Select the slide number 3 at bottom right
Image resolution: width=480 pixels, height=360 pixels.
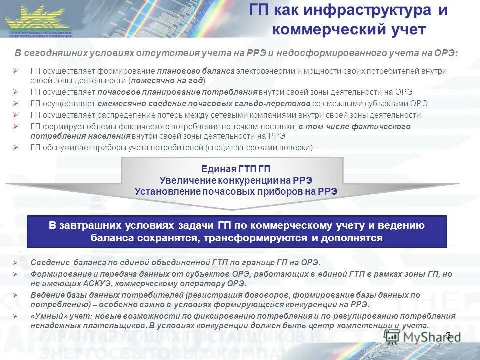click(448, 335)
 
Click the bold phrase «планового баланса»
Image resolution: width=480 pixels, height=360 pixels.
click(196, 71)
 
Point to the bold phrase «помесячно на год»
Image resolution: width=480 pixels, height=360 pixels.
click(167, 80)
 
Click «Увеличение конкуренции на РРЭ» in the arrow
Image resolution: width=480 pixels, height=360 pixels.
click(236, 180)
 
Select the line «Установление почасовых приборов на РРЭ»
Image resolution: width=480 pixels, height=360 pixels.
click(236, 191)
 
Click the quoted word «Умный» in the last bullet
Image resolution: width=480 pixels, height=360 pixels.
click(46, 316)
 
